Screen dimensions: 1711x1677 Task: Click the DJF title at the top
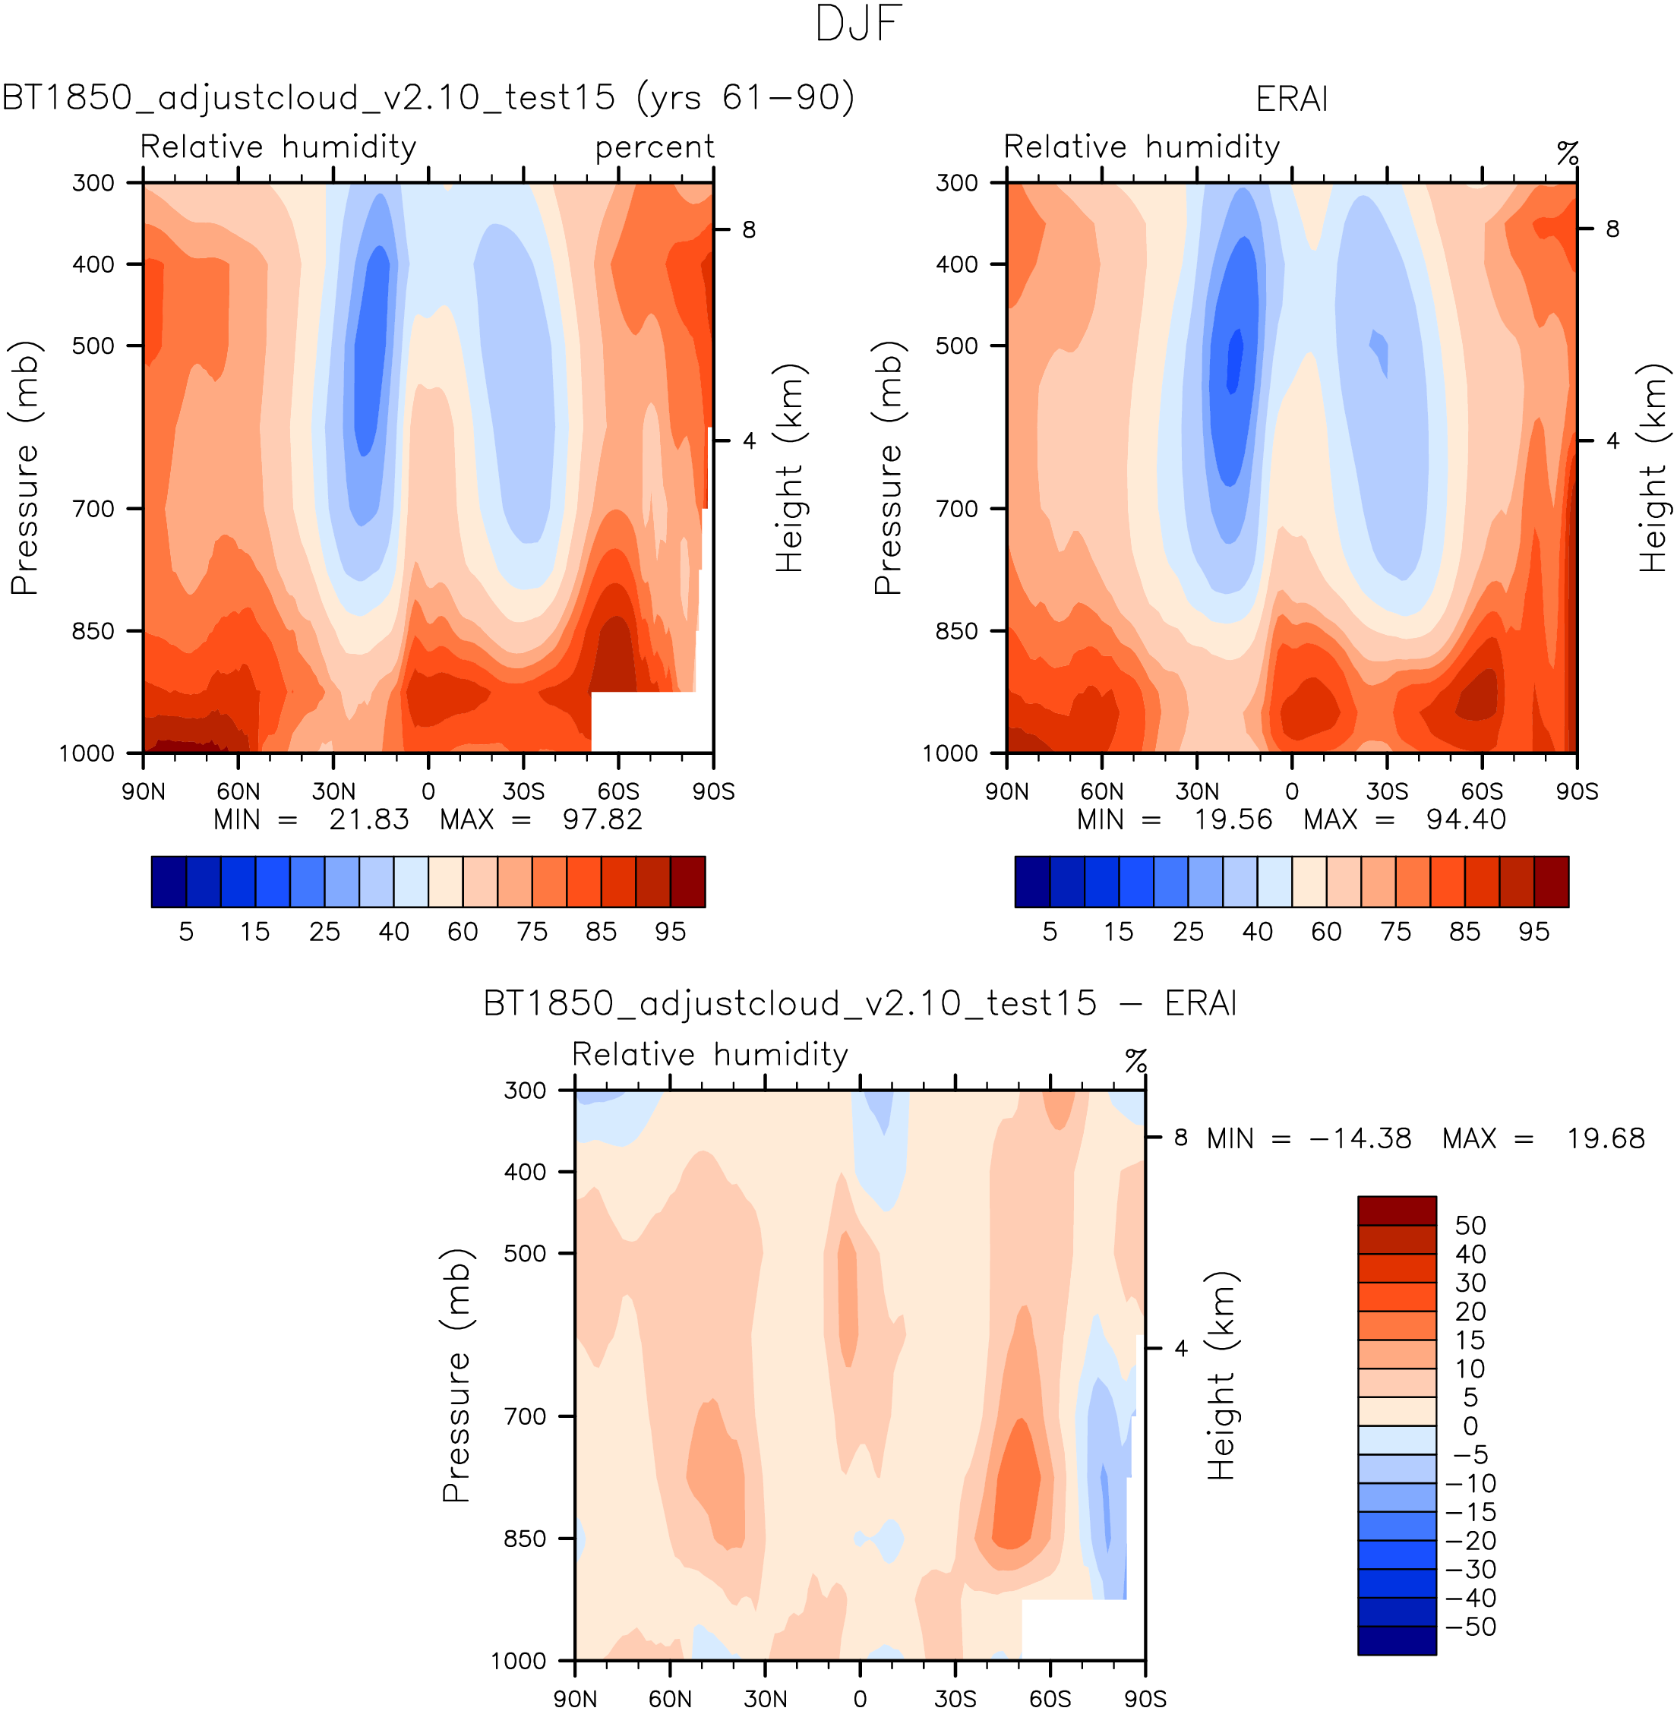tap(858, 24)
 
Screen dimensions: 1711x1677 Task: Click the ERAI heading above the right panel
tap(1291, 99)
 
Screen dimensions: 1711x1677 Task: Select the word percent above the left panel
tap(655, 147)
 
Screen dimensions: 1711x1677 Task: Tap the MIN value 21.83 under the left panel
tap(369, 820)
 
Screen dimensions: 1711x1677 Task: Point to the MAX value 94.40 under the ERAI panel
tap(1466, 820)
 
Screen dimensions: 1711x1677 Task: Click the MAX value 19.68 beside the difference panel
tap(1605, 1138)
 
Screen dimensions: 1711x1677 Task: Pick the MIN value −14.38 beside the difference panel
tap(1360, 1138)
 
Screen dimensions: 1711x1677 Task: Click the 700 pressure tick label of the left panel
tap(93, 509)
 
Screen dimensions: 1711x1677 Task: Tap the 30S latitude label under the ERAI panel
tap(1386, 791)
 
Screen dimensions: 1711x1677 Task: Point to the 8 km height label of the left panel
tap(749, 230)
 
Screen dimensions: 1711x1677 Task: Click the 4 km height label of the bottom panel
tap(1180, 1348)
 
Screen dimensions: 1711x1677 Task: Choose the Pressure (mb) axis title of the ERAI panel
tap(889, 468)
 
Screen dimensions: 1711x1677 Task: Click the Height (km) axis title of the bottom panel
tap(1221, 1375)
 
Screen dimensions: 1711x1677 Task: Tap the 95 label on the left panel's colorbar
tap(671, 932)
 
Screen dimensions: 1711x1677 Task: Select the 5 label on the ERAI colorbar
tap(1049, 932)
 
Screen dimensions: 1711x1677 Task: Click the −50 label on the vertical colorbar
tap(1470, 1627)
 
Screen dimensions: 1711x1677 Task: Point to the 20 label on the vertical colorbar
tap(1470, 1312)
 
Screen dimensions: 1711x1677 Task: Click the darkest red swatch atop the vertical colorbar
tap(1396, 1211)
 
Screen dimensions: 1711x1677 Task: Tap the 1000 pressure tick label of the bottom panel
tap(519, 1661)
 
